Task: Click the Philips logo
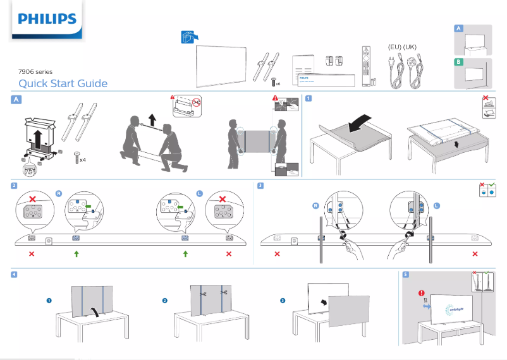(47, 20)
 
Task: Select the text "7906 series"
(35, 73)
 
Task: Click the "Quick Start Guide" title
(63, 84)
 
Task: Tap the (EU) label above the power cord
(394, 47)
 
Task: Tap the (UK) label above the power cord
(410, 47)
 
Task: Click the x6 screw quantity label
(278, 83)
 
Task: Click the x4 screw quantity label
(82, 160)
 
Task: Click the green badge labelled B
(459, 62)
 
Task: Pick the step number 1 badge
(308, 99)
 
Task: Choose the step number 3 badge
(261, 186)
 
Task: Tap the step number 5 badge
(405, 274)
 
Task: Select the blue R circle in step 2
(58, 193)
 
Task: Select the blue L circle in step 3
(436, 207)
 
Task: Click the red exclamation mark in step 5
(421, 292)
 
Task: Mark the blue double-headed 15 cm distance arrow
(426, 306)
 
